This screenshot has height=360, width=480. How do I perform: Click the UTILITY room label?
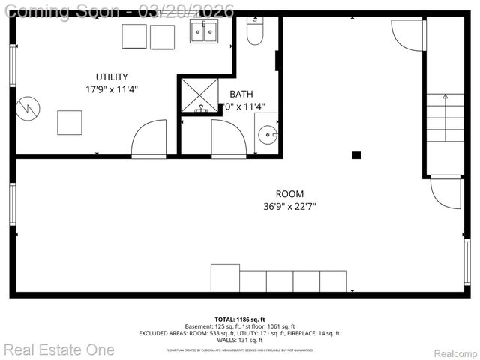(x=112, y=76)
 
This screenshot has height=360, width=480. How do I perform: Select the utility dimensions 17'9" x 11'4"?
(x=112, y=89)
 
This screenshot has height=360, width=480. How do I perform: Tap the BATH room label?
(x=241, y=94)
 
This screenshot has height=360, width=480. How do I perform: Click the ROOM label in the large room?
(x=289, y=194)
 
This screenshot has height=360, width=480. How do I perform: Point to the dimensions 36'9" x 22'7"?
(x=289, y=206)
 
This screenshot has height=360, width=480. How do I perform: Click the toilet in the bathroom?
(x=255, y=31)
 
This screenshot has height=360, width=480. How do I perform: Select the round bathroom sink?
(x=267, y=135)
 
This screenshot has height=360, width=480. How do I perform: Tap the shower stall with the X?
(x=199, y=94)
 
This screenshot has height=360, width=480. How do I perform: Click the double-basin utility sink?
(x=203, y=31)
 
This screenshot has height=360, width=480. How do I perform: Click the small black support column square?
(x=357, y=155)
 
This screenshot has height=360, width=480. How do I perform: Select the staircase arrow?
(x=445, y=97)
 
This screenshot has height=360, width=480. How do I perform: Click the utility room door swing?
(x=148, y=139)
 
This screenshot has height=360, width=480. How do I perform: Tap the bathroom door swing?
(x=229, y=139)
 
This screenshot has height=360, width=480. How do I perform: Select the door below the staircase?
(x=446, y=193)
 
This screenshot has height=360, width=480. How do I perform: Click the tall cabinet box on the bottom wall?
(x=225, y=277)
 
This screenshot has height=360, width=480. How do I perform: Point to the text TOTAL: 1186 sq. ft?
(x=239, y=318)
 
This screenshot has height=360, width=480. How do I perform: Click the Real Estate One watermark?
(x=58, y=349)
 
